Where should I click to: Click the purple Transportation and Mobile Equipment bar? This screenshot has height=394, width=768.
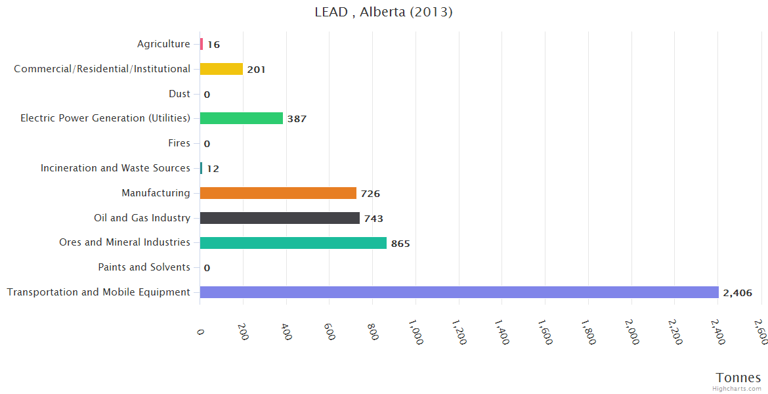click(x=459, y=292)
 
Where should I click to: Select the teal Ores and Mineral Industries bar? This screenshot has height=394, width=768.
click(x=293, y=243)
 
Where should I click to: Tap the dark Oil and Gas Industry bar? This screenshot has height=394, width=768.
click(x=280, y=218)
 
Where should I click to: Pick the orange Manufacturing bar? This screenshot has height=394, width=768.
click(x=278, y=193)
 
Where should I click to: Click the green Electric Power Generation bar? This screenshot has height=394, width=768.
click(x=241, y=118)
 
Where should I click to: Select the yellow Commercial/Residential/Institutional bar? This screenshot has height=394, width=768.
click(x=221, y=69)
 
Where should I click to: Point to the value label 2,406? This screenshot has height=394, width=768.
click(x=737, y=293)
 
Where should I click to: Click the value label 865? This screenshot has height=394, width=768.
click(x=400, y=244)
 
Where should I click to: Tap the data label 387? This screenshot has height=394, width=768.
click(x=297, y=119)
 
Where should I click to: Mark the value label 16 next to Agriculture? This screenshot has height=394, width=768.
click(x=214, y=45)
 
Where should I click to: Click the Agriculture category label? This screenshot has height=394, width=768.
click(x=163, y=44)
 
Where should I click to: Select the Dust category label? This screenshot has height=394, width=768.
click(x=179, y=94)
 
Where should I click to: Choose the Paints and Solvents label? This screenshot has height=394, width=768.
click(x=144, y=267)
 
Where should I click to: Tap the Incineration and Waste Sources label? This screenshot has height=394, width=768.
click(x=116, y=168)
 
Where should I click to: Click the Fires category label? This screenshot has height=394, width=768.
click(x=179, y=143)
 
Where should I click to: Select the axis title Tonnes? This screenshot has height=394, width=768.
click(x=738, y=378)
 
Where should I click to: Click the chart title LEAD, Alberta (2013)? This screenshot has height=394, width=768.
click(x=384, y=12)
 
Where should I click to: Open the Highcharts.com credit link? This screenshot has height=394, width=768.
click(x=738, y=389)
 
